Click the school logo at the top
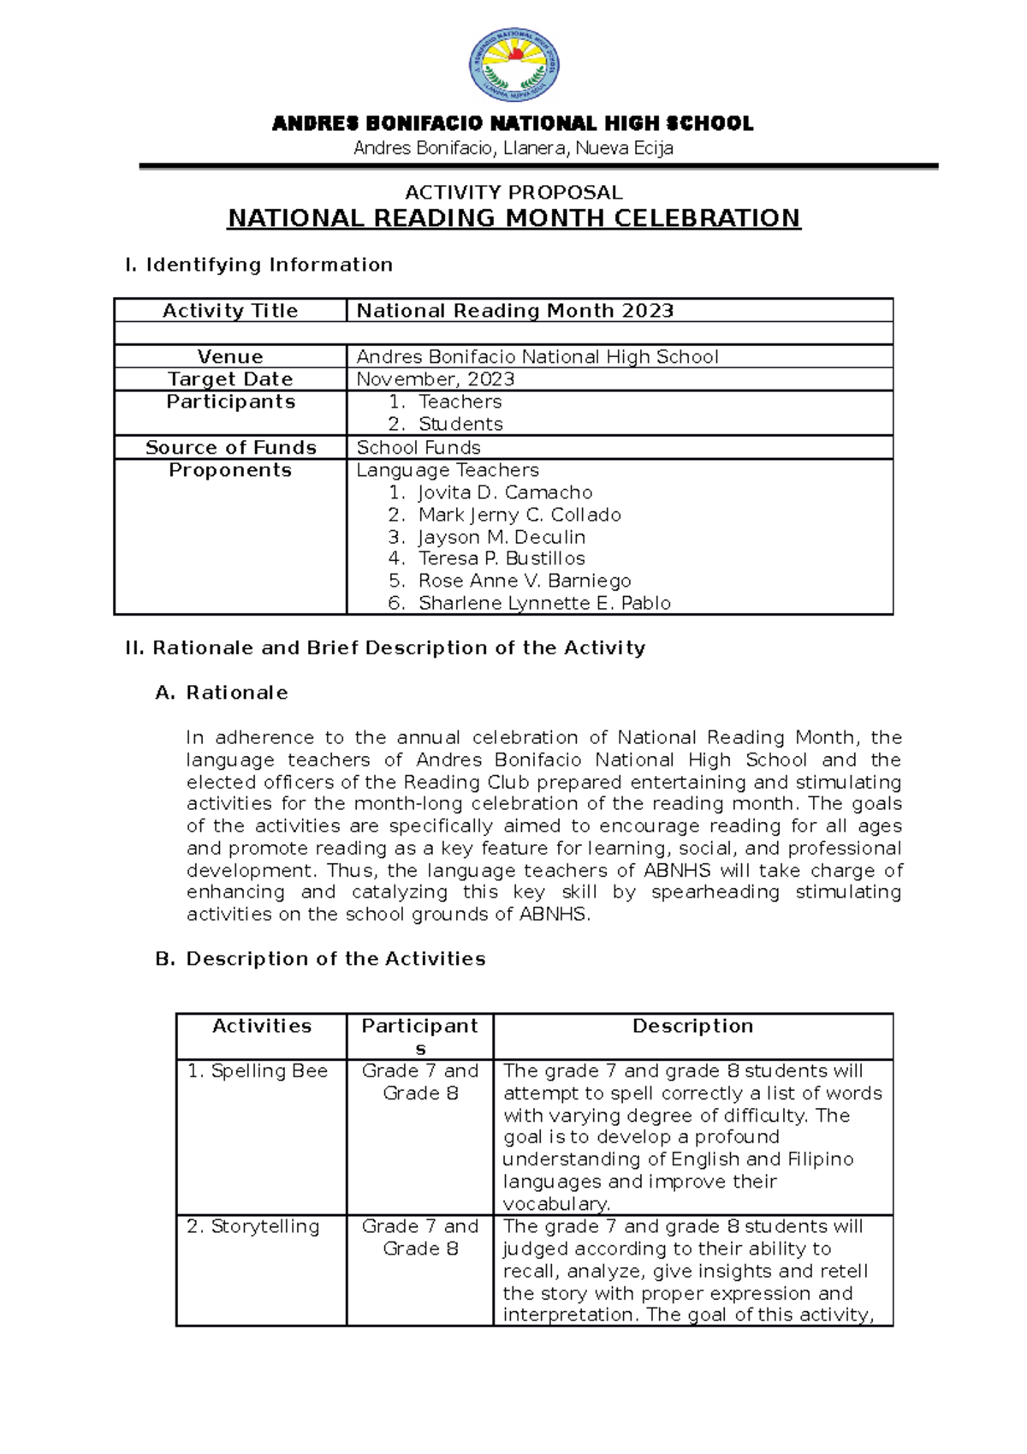513,64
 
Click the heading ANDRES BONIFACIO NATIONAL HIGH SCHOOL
513,124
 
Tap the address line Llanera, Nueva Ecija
513,149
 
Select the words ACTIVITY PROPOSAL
513,192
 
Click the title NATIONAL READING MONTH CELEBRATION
513,218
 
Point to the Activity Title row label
230,311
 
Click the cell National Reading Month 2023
515,311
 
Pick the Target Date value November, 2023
436,379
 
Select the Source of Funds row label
230,448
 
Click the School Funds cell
419,448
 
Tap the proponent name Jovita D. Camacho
505,492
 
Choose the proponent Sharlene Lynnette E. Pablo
544,603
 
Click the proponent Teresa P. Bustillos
502,558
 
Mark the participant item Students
460,424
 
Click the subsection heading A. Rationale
221,693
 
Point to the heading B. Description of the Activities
320,959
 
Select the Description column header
692,1026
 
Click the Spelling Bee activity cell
258,1071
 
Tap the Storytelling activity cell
253,1226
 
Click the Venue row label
230,357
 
